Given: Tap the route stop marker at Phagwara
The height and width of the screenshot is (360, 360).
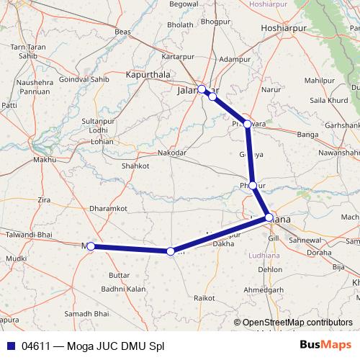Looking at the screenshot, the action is tap(248, 124).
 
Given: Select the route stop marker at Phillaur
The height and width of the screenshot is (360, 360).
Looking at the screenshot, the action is tap(253, 185).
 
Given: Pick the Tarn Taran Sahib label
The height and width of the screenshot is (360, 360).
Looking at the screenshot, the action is tap(24, 51).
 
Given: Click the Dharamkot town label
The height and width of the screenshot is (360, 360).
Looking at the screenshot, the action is tap(108, 209).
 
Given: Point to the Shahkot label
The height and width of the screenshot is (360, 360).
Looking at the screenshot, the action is tap(135, 166).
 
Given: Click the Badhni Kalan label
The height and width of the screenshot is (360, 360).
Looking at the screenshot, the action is tap(123, 289).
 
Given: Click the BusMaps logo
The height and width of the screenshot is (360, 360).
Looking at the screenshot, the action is tap(327, 345).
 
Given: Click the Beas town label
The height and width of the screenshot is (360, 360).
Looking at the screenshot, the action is tap(122, 32).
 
